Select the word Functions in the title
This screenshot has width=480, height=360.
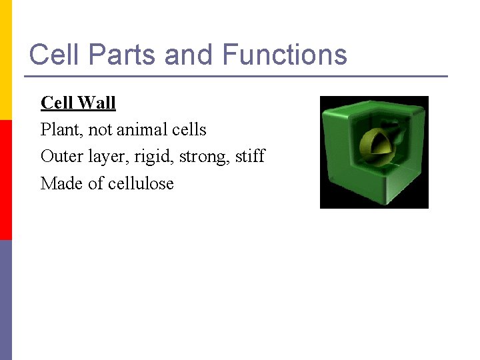285,55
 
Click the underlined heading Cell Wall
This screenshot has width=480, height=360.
78,103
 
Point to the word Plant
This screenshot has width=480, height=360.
59,129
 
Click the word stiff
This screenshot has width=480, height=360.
250,156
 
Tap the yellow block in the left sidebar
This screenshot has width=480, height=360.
6,60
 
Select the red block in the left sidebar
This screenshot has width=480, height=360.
6,180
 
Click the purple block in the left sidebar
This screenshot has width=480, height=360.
6,300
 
